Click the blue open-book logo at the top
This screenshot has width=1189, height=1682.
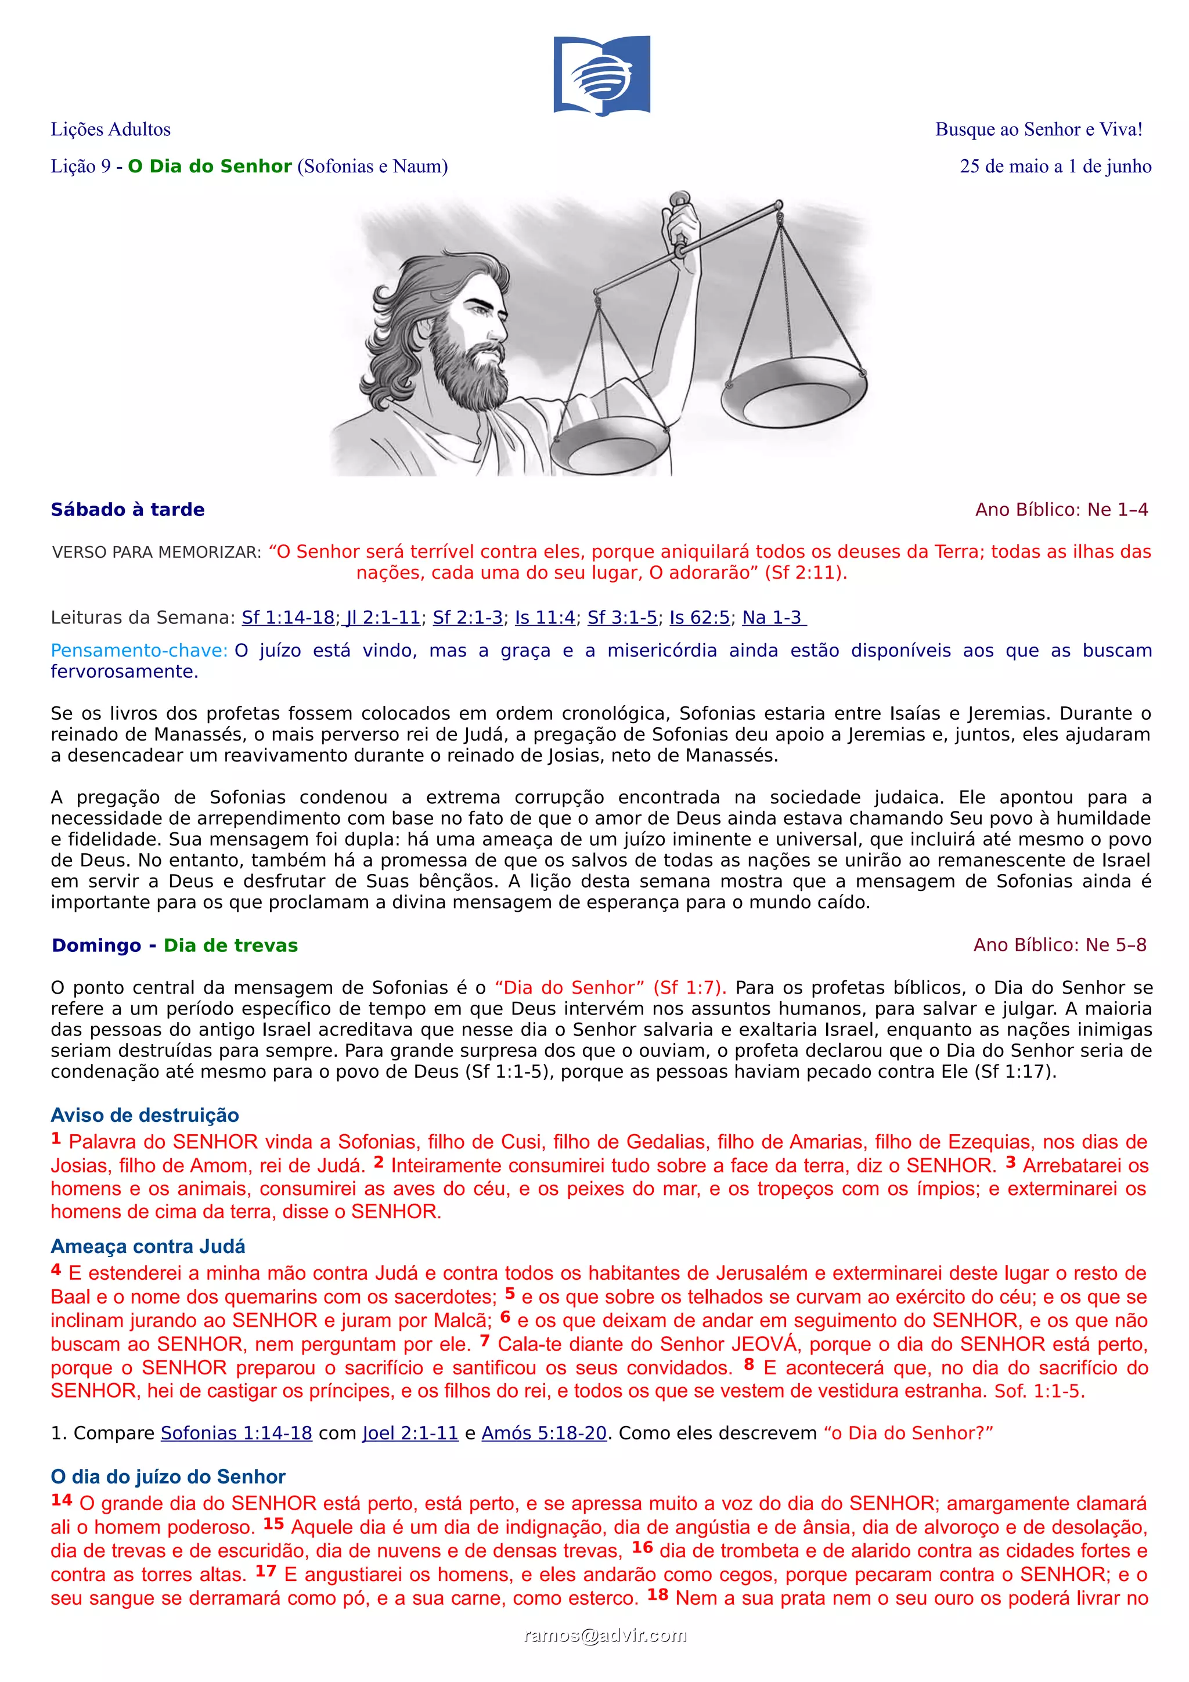point(601,75)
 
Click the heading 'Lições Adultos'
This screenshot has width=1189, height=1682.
point(111,129)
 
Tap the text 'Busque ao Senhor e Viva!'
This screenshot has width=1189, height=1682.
point(1038,129)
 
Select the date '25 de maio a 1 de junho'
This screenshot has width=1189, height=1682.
point(1055,167)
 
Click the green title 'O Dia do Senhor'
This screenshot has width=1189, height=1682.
point(210,167)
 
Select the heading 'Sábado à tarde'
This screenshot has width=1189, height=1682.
point(128,510)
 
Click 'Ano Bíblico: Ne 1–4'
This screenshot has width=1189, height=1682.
point(1061,510)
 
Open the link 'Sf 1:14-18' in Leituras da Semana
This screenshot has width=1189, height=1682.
point(288,618)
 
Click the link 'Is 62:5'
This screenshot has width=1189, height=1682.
point(699,618)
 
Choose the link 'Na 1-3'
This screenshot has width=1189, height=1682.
point(773,618)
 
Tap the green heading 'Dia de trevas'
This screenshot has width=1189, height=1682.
point(230,945)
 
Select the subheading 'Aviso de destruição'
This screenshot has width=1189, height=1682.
point(145,1116)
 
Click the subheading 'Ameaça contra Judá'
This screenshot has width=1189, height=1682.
point(148,1247)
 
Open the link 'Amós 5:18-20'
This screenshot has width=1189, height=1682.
point(543,1434)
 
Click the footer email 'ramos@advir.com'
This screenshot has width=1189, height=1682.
point(605,1636)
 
